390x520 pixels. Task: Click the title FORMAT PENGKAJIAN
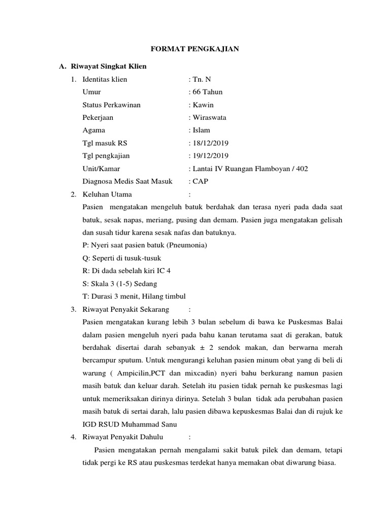click(x=196, y=49)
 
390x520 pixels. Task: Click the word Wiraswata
click(x=209, y=117)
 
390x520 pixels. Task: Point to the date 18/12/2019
click(x=210, y=143)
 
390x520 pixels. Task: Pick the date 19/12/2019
click(x=210, y=156)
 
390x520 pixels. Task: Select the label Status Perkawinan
click(x=111, y=105)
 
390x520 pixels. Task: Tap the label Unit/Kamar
click(x=101, y=169)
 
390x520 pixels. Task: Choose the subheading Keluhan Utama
click(x=107, y=194)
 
